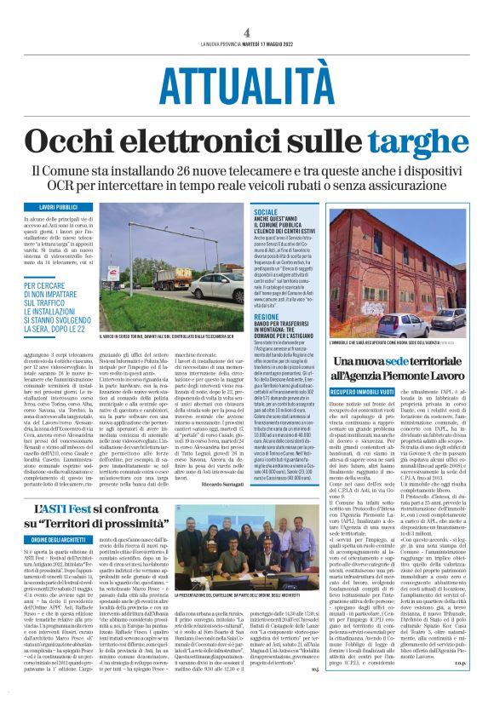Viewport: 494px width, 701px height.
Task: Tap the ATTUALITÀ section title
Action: pyautogui.click(x=246, y=86)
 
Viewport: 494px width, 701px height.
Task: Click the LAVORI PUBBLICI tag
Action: pyautogui.click(x=58, y=207)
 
